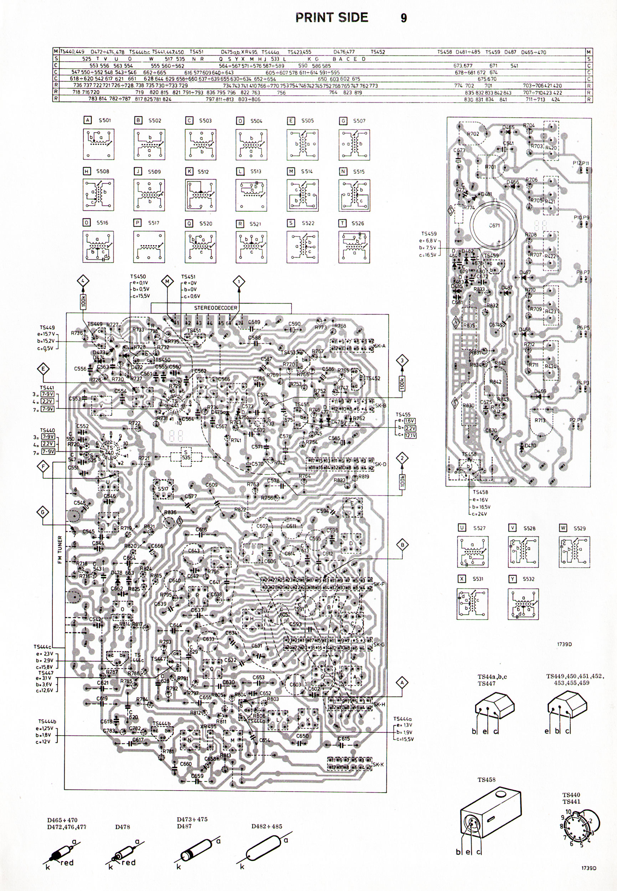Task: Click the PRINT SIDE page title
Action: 331,17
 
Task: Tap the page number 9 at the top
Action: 403,18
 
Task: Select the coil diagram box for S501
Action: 99,144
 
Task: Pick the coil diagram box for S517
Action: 149,247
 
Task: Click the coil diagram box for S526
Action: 354,247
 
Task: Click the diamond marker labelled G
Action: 42,513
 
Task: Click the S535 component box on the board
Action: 187,455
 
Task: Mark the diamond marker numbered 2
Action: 403,458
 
